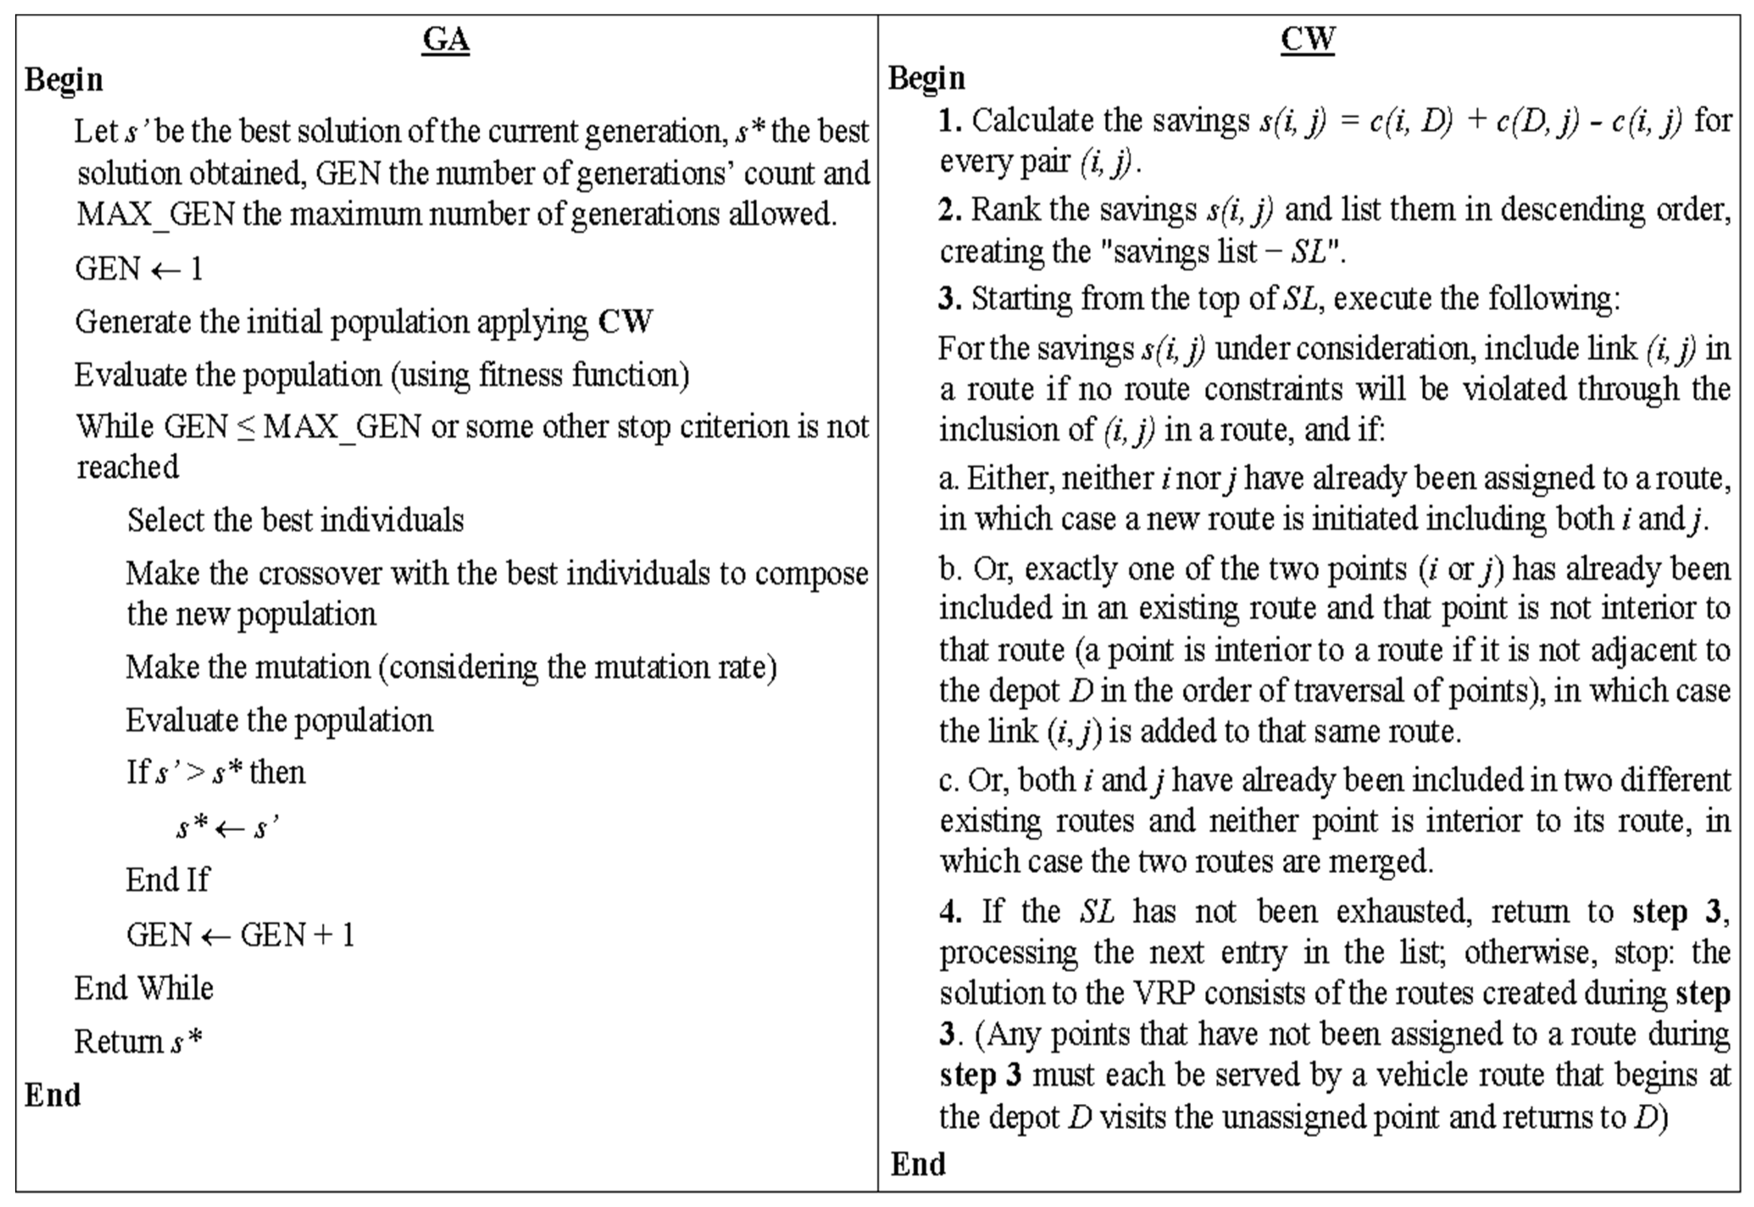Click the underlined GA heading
coord(446,39)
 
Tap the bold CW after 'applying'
coord(625,321)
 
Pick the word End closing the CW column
coord(918,1164)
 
